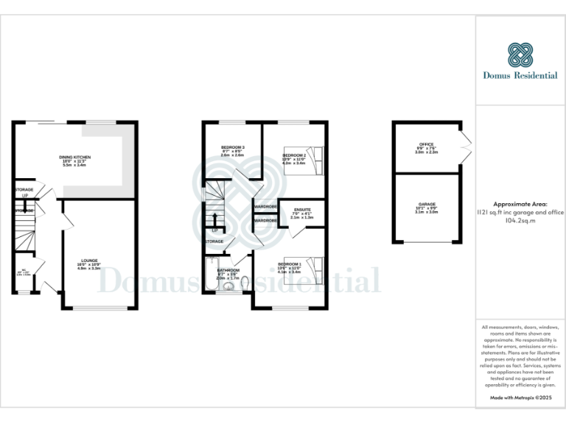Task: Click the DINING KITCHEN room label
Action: (74, 157)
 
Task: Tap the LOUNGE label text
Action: (89, 260)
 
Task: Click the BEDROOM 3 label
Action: (233, 147)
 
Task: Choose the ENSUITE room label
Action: (302, 210)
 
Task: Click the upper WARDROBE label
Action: (265, 207)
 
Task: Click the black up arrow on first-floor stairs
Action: (214, 219)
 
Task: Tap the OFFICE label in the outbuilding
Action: (426, 144)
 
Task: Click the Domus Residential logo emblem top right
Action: (520, 54)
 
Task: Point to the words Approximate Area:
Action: (520, 204)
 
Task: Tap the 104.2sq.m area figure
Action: (520, 219)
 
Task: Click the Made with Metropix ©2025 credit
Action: (520, 397)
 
